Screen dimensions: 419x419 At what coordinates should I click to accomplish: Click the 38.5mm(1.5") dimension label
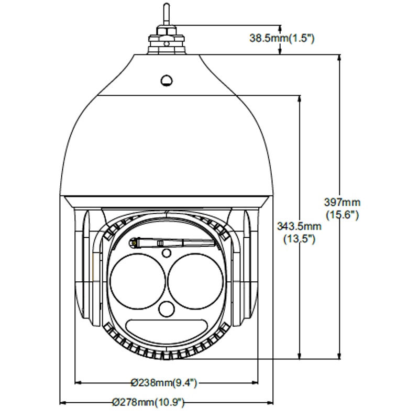[x=282, y=38]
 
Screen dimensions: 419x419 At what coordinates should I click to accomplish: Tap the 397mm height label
[x=343, y=202]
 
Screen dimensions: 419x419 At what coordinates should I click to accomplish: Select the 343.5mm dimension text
[x=299, y=226]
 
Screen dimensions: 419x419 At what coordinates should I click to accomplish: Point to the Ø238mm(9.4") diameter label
[x=164, y=383]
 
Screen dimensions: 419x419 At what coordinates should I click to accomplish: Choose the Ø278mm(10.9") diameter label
[x=148, y=402]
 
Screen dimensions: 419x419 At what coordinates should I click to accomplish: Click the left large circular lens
[x=138, y=282]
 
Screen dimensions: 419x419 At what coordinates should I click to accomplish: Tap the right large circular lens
[x=195, y=282]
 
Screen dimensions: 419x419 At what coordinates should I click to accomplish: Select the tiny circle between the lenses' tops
[x=167, y=253]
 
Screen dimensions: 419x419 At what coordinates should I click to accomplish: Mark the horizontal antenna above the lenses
[x=172, y=243]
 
